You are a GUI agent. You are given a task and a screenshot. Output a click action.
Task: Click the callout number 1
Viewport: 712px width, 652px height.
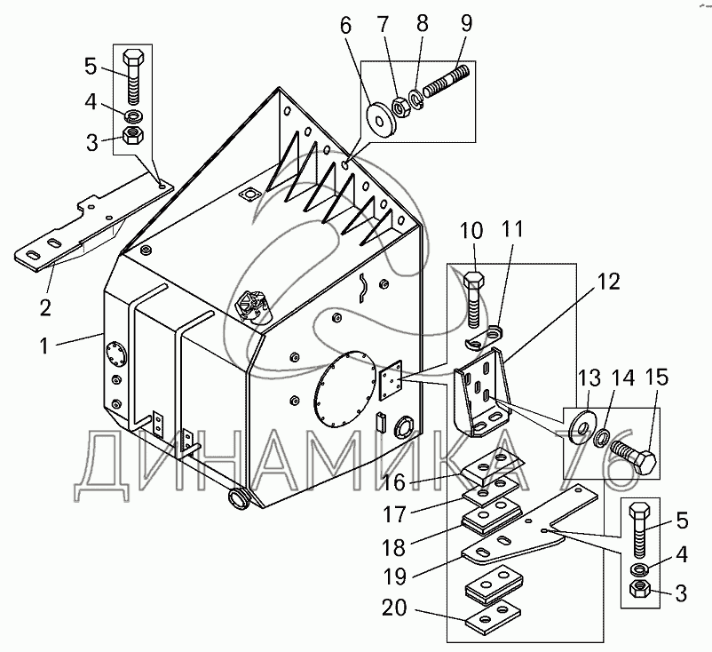[x=44, y=346]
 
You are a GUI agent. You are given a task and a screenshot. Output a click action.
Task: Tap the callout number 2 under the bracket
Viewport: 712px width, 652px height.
[x=45, y=307]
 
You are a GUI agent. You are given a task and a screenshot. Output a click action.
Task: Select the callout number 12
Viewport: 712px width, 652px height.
[x=608, y=282]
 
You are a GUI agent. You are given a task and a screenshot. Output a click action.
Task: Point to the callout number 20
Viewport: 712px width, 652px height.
[x=393, y=608]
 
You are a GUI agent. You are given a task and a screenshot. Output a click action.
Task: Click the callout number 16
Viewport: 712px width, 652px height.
[x=393, y=482]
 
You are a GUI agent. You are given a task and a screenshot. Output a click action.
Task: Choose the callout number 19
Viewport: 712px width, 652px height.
[x=394, y=576]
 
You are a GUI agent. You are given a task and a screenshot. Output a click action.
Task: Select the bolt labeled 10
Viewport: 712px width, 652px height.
[x=473, y=298]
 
